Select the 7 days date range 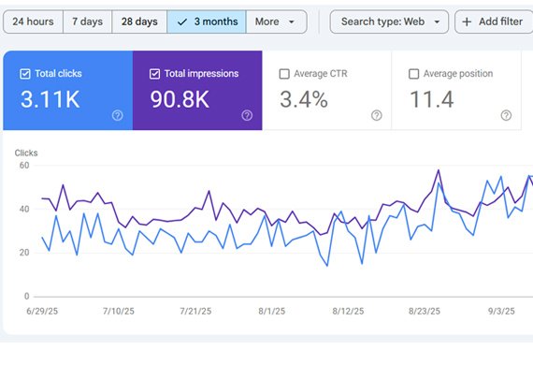click(x=88, y=22)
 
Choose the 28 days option click(x=139, y=22)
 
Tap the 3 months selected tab click(x=207, y=22)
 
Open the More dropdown click(x=277, y=22)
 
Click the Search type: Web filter click(x=389, y=22)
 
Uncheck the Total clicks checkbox click(x=24, y=74)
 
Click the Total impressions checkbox click(x=154, y=74)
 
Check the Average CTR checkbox click(x=284, y=74)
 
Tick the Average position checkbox click(x=414, y=74)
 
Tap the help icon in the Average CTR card click(x=376, y=115)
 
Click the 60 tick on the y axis click(x=24, y=166)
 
